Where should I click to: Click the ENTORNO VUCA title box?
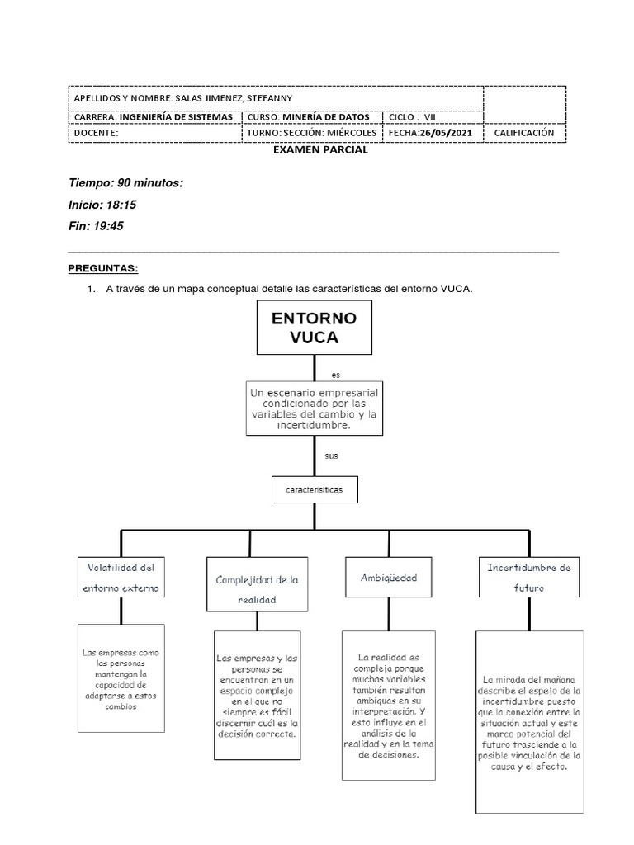315,327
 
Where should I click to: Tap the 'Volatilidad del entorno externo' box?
121,577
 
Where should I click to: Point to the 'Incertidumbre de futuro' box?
529,578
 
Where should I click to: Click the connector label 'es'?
335,374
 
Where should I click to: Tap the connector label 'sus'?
332,456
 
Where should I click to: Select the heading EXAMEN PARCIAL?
320,150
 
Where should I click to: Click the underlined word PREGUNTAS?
102,269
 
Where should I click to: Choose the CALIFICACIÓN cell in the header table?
524,132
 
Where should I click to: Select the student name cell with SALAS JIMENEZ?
276,97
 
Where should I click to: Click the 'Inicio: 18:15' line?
97,204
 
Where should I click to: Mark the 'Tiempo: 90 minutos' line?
125,182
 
